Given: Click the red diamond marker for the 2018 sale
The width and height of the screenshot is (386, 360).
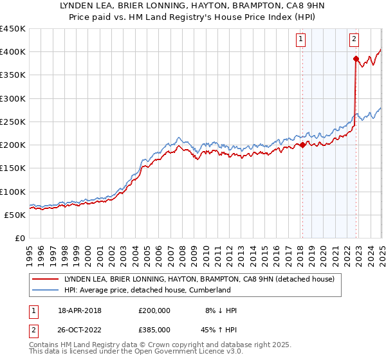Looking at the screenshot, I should click(x=302, y=145).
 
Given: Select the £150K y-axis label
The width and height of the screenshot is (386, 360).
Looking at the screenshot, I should click(x=12, y=168).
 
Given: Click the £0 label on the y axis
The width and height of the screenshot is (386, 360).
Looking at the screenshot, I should click(x=19, y=238).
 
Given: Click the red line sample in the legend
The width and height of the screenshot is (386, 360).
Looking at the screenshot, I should click(x=46, y=279).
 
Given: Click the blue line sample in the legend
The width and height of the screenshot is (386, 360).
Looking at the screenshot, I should click(x=46, y=290).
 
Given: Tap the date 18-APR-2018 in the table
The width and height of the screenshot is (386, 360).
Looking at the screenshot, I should click(x=80, y=310).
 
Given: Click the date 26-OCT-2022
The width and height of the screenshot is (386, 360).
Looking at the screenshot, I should click(x=80, y=328).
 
